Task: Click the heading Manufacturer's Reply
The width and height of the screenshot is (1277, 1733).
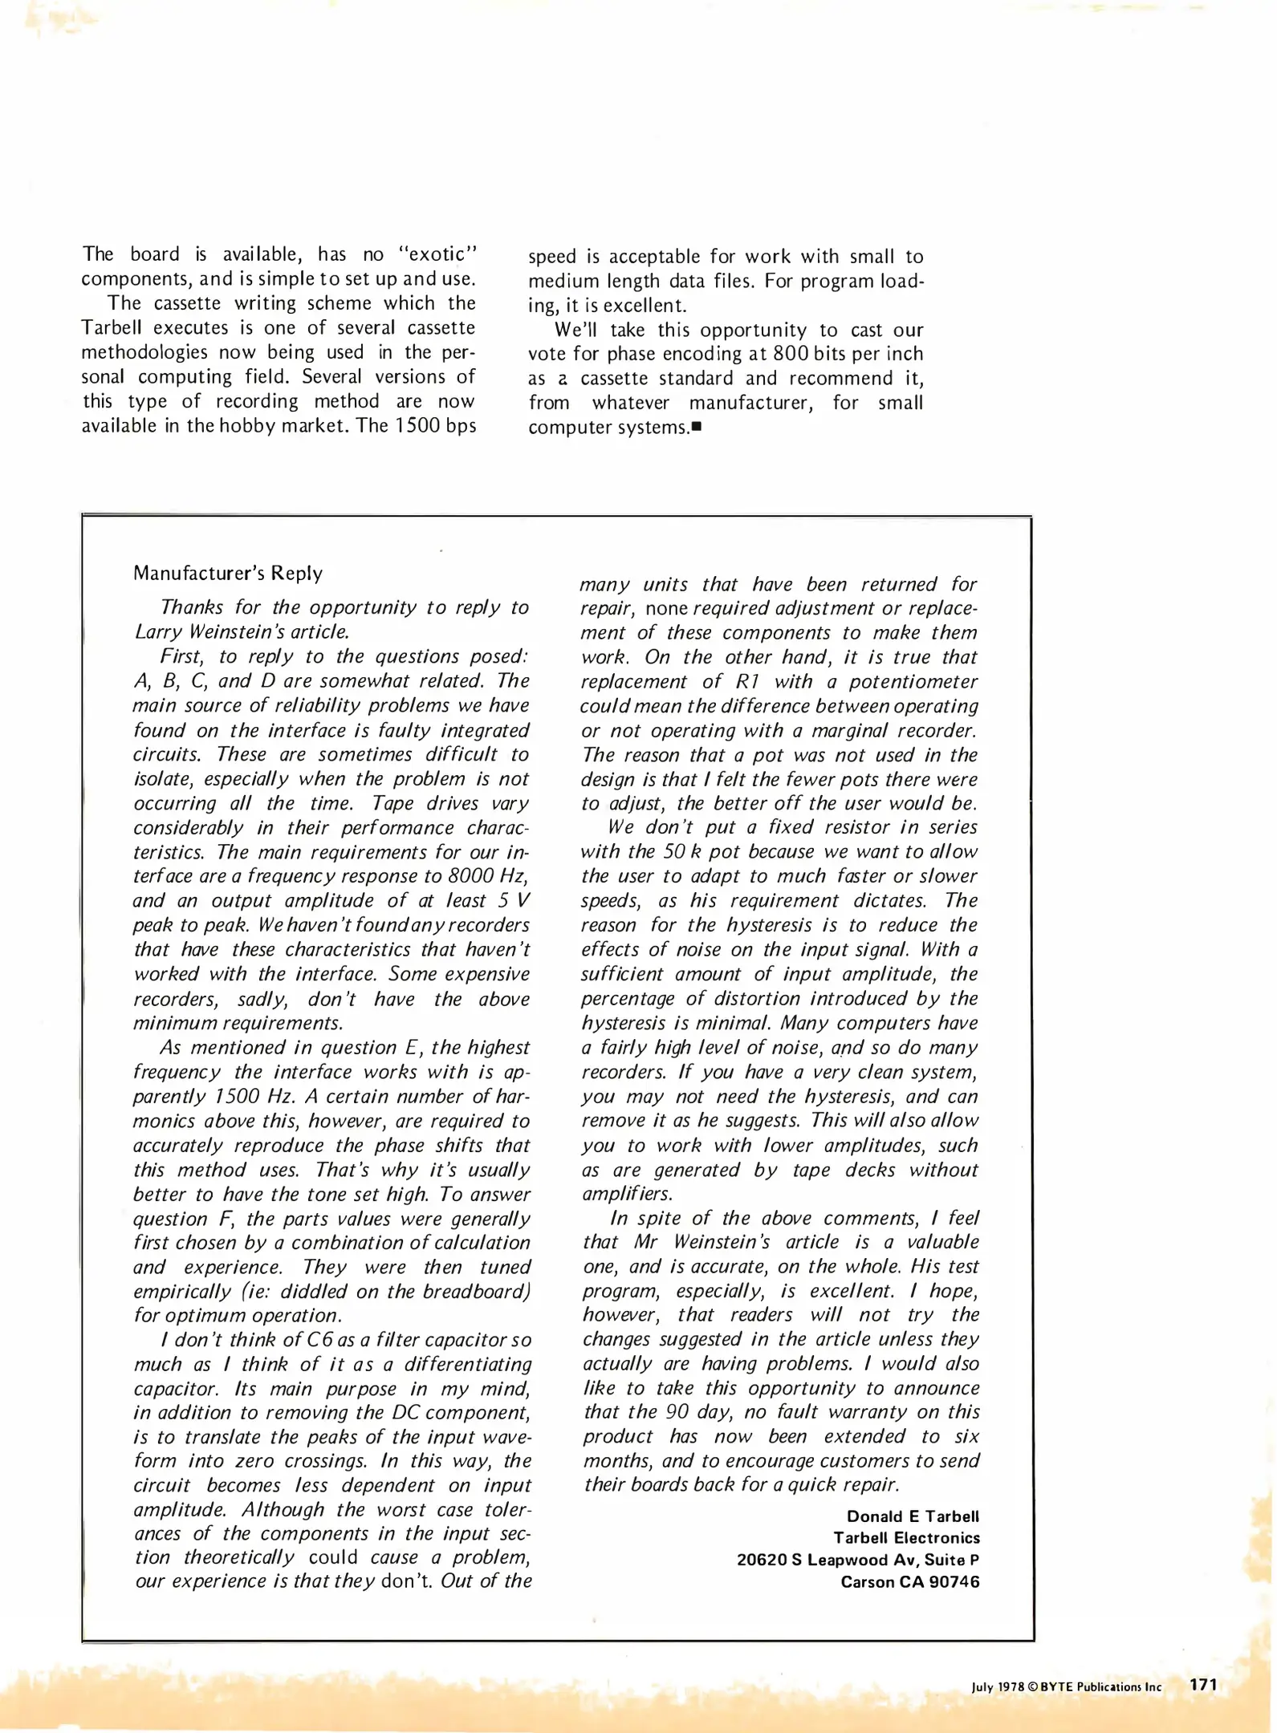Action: pyautogui.click(x=228, y=573)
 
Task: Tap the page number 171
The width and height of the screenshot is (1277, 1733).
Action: pyautogui.click(x=1203, y=1685)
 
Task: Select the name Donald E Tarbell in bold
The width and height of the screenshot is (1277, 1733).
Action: pyautogui.click(x=913, y=1516)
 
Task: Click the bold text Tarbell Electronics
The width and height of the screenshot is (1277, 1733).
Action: pyautogui.click(x=906, y=1538)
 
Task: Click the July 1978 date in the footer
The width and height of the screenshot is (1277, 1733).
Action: pyautogui.click(x=998, y=1687)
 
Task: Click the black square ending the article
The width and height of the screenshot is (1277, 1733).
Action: pyautogui.click(x=696, y=427)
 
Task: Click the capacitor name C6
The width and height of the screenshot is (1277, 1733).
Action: pyautogui.click(x=320, y=1340)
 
